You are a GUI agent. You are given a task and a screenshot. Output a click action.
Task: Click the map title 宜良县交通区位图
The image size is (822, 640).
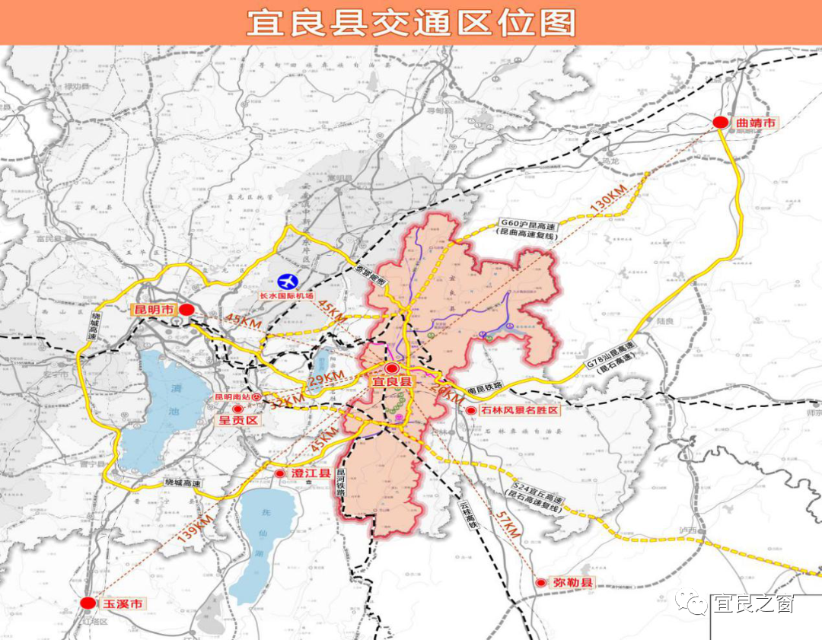tap(411, 23)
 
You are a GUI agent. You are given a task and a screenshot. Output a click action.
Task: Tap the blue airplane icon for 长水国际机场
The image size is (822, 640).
tap(288, 281)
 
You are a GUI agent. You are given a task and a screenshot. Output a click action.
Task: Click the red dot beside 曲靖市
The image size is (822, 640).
tap(720, 123)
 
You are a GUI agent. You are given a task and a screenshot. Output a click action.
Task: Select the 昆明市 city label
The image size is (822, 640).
tap(155, 310)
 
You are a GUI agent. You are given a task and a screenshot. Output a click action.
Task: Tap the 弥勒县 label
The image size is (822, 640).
tap(572, 583)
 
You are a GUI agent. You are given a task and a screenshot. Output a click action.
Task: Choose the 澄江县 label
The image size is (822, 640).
tap(311, 473)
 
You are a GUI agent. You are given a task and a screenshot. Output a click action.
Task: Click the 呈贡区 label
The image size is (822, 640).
tap(239, 420)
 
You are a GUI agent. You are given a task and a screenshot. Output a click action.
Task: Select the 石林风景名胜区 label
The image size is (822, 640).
tap(520, 410)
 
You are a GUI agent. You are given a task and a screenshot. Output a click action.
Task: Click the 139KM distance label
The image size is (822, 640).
tap(196, 529)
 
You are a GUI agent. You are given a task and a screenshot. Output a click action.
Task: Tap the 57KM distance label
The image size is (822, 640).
tap(507, 524)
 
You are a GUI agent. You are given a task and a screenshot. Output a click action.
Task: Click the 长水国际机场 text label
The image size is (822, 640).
tap(287, 295)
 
